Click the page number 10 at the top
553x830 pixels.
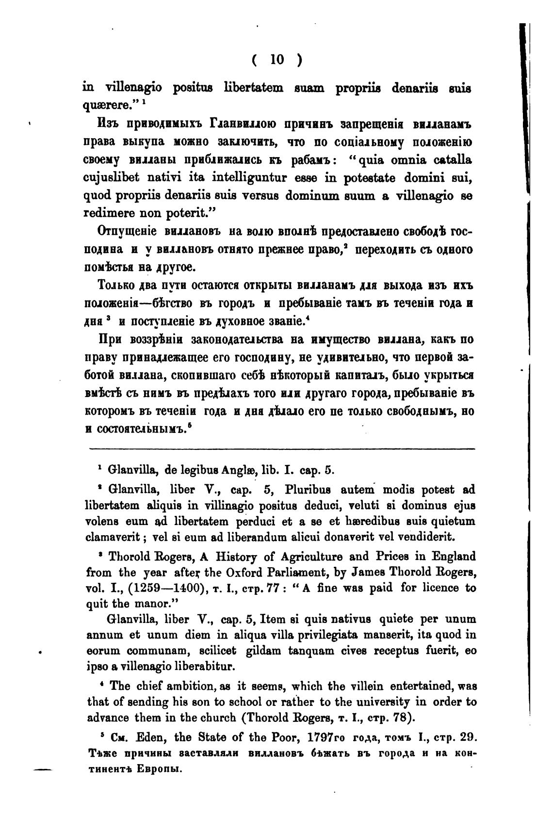tap(277, 59)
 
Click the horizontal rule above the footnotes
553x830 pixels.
tap(283, 450)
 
